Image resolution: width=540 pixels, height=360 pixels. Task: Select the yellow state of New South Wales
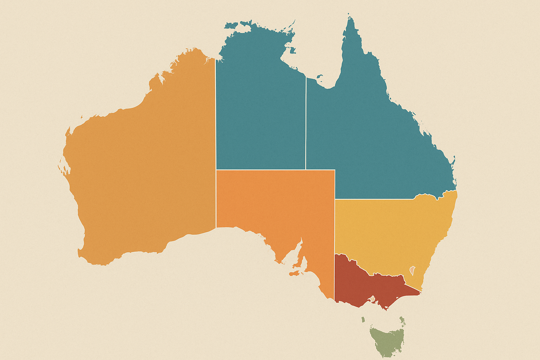point(390,229)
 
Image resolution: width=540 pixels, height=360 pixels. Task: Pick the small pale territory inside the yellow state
point(412,270)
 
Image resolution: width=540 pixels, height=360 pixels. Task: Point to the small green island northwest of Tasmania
point(363,319)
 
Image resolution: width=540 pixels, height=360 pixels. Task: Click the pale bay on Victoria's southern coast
point(372,300)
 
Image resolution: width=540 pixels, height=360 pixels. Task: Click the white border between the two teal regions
point(306,123)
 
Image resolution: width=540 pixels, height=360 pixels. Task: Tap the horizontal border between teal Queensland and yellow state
point(373,199)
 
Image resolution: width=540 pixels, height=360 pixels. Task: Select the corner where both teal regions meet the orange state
point(306,170)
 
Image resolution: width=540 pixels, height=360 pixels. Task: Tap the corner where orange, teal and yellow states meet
point(335,199)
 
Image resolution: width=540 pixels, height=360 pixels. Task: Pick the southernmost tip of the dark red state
point(386,310)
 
